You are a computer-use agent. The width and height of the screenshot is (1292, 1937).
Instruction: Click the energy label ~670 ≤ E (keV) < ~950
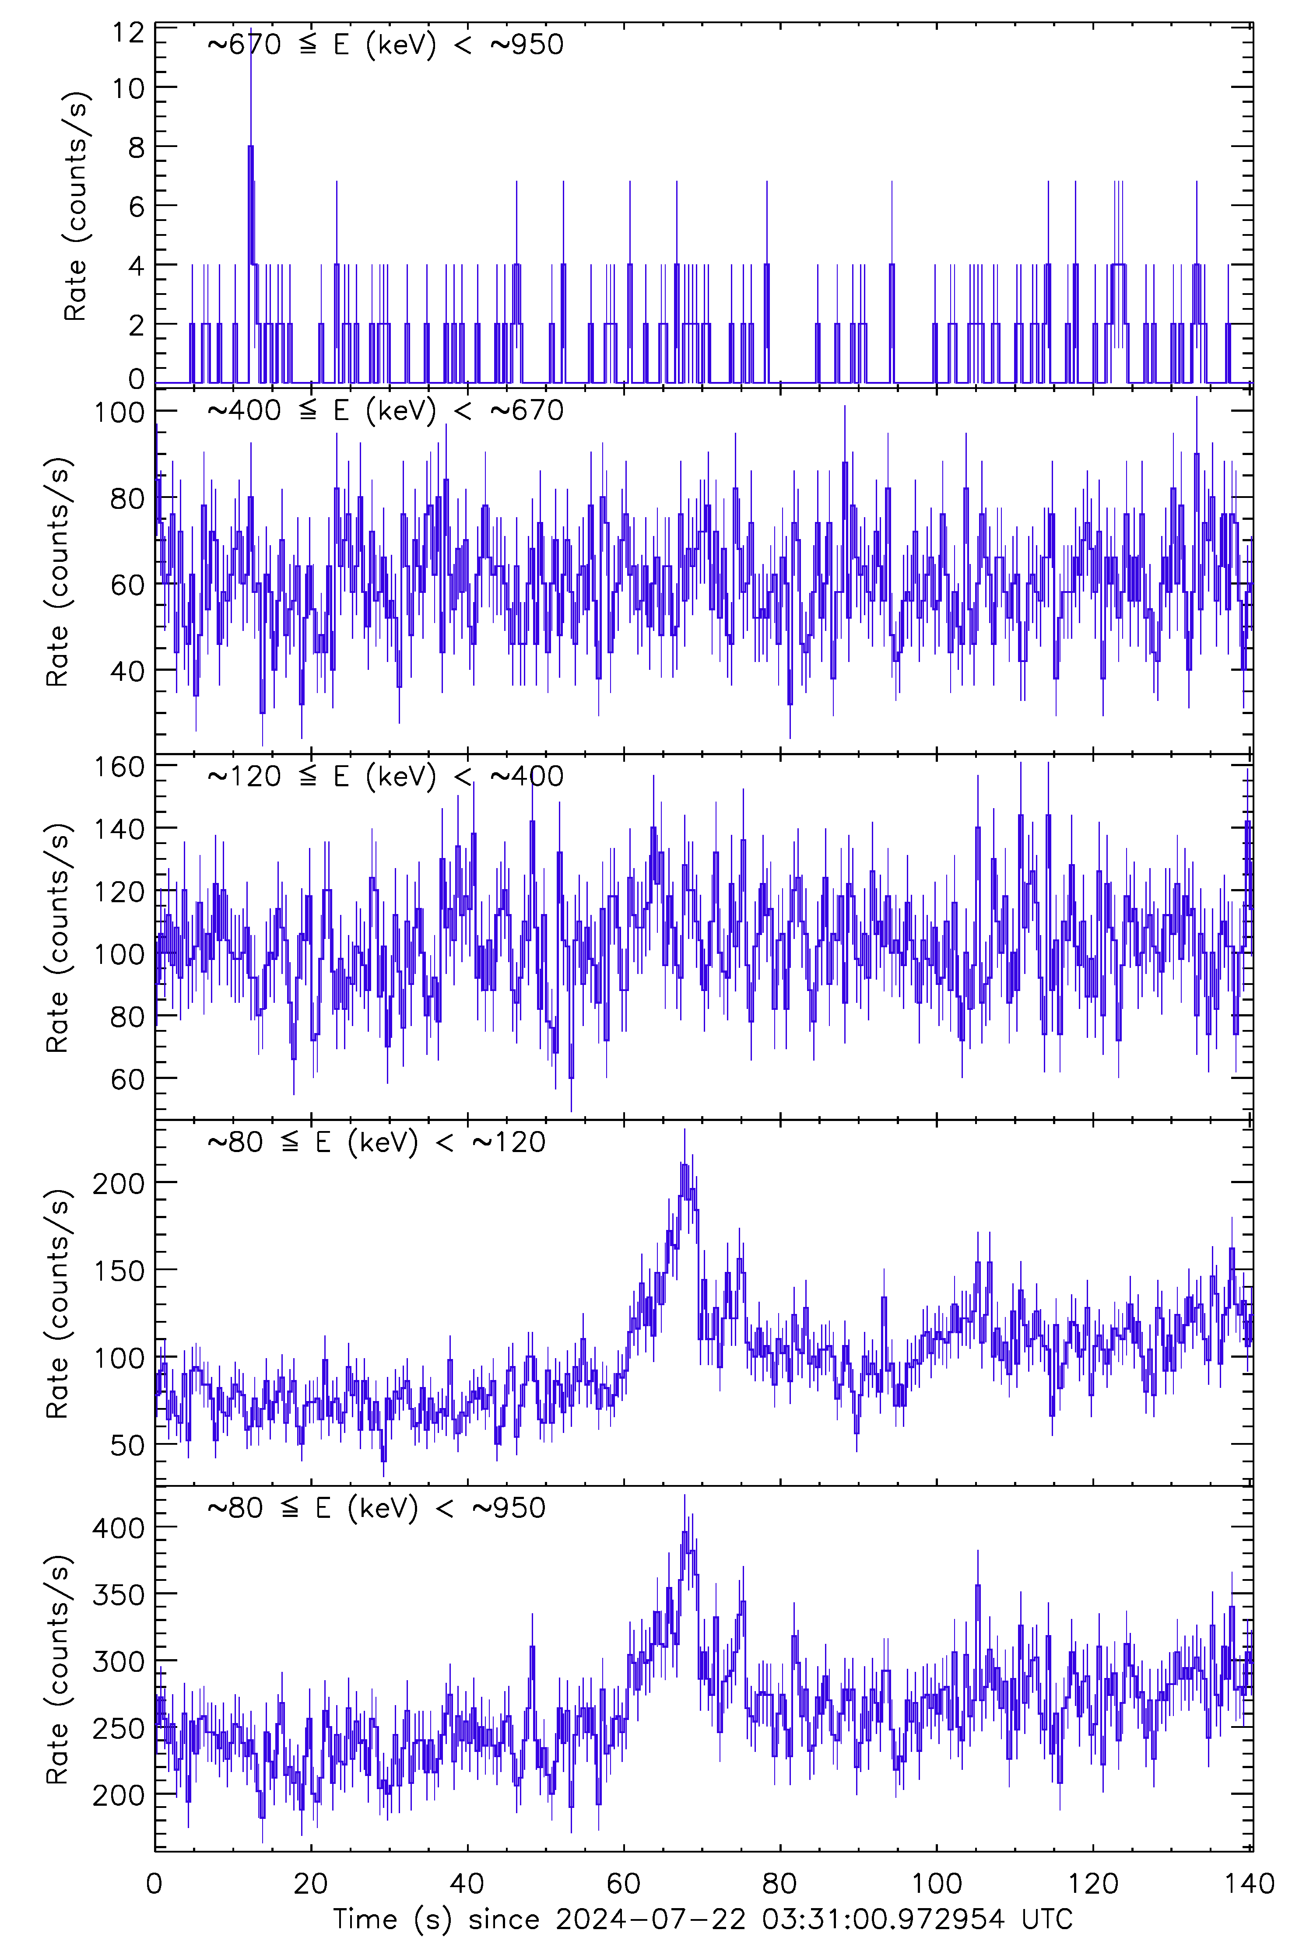point(385,45)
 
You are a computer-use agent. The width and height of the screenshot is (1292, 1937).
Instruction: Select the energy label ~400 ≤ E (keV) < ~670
point(385,410)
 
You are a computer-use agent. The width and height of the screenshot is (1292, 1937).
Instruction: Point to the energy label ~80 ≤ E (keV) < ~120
point(376,1142)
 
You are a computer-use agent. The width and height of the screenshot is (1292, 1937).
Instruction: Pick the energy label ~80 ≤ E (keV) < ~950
point(376,1508)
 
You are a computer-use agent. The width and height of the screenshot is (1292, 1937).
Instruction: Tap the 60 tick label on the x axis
point(624,1884)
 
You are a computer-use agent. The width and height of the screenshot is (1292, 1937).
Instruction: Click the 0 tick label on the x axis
point(155,1884)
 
